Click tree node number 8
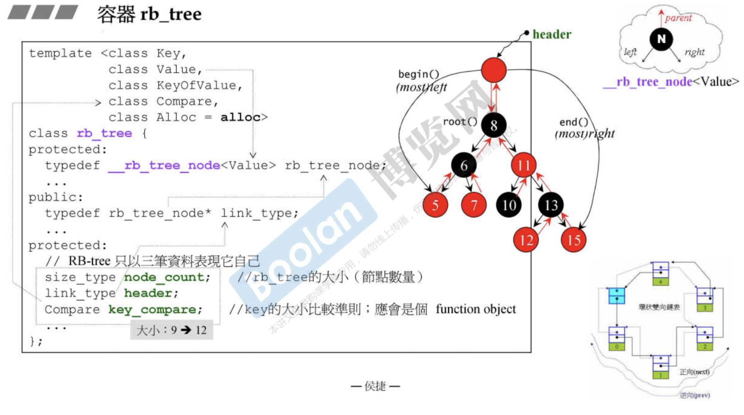pos(493,125)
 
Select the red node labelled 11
pos(523,165)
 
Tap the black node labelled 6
pos(464,165)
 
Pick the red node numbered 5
pos(435,205)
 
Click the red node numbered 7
pos(474,205)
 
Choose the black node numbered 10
pos(509,205)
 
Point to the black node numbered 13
pos(551,205)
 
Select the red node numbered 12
pos(526,240)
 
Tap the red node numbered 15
pos(574,240)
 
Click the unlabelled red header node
pos(493,70)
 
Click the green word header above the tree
pos(552,34)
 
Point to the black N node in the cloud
pos(661,39)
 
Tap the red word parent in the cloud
pos(678,18)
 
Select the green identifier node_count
pos(167,277)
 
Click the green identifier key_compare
pos(155,309)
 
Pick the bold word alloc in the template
pos(240,117)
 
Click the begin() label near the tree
pos(418,74)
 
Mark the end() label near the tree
pos(574,122)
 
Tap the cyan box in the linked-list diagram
pos(617,295)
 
